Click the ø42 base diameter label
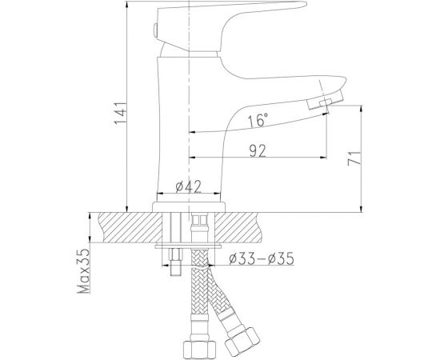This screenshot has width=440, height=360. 186,189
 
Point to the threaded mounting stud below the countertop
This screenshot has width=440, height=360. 174,264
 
